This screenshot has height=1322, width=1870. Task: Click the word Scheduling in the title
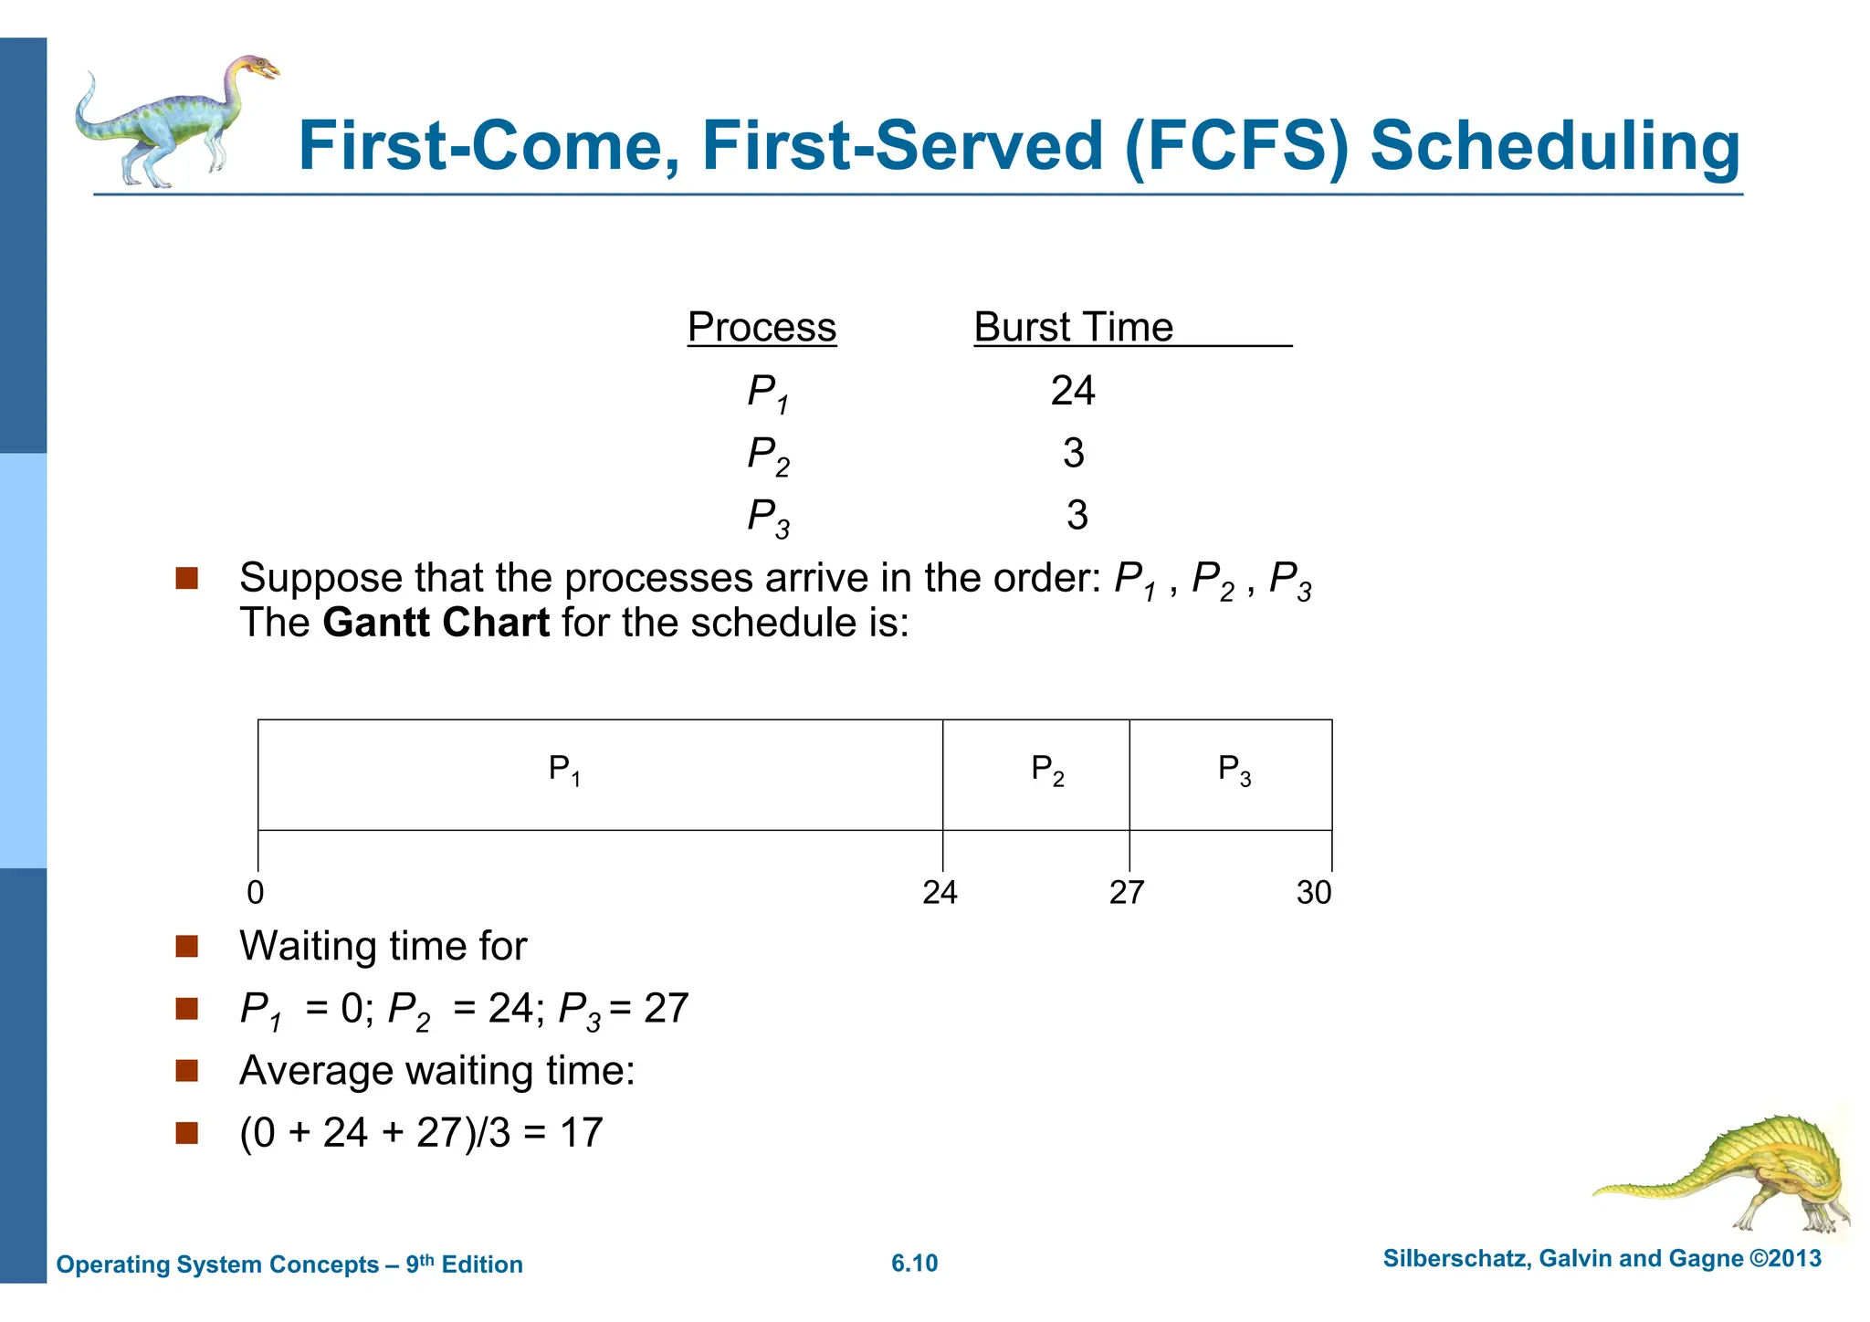[1555, 146]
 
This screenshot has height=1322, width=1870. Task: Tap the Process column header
[762, 327]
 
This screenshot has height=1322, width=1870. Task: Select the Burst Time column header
[1073, 327]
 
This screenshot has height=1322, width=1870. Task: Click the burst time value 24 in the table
[1072, 391]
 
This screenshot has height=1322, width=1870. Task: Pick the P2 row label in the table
[768, 455]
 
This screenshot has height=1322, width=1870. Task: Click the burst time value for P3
[1077, 515]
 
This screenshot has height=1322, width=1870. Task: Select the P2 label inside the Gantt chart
[1047, 770]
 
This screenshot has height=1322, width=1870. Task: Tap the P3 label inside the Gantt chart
[1234, 770]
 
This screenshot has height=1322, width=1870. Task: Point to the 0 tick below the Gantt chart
[256, 892]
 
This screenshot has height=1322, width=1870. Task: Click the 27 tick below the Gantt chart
[1127, 892]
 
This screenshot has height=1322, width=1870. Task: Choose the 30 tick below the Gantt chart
[1313, 892]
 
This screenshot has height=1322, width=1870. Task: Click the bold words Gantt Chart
[436, 623]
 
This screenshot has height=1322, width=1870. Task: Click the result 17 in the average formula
[581, 1133]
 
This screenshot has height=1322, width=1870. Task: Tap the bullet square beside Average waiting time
[187, 1070]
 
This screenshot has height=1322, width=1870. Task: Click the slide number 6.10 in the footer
[914, 1264]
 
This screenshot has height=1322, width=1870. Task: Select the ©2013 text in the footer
[1785, 1259]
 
